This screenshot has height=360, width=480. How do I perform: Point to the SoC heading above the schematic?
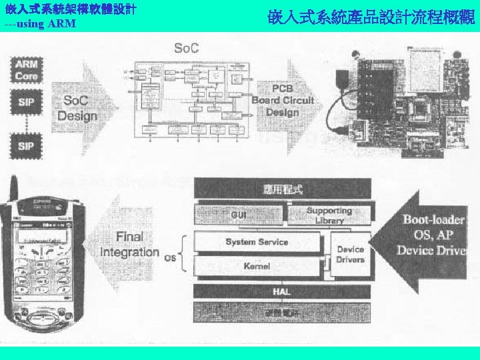[x=186, y=48]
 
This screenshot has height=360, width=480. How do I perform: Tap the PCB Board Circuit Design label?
[x=283, y=101]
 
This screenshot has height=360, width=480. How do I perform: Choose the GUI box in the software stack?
[x=238, y=215]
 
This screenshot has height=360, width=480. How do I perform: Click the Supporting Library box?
[x=329, y=215]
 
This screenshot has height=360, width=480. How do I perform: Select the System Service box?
[x=257, y=242]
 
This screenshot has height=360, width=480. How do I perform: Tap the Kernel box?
[x=257, y=266]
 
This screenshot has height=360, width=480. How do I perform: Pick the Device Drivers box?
[x=350, y=254]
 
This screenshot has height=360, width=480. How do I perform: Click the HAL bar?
[x=281, y=291]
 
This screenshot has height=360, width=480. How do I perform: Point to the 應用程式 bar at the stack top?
[x=281, y=189]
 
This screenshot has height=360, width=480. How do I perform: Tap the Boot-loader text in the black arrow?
[x=434, y=219]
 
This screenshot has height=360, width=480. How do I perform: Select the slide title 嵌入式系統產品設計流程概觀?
[x=372, y=17]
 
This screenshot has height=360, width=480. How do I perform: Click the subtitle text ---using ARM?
[x=40, y=24]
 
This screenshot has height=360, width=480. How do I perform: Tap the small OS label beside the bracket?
[x=169, y=257]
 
